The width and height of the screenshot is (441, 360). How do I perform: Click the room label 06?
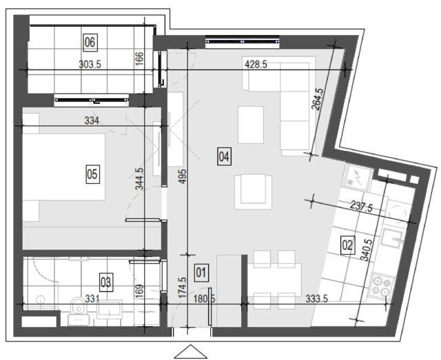(x=90, y=43)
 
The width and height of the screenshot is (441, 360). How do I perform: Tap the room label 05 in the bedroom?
(x=92, y=175)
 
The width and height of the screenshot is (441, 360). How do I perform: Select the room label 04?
(x=224, y=156)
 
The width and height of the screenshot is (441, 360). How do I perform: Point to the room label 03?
(x=106, y=282)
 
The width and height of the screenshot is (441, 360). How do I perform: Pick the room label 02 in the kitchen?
(x=347, y=245)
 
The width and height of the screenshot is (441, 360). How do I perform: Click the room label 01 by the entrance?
(x=201, y=273)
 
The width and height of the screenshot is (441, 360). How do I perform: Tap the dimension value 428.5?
(x=256, y=65)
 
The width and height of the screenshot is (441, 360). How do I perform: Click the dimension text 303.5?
(x=90, y=65)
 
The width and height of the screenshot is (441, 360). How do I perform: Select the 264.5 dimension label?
(x=317, y=99)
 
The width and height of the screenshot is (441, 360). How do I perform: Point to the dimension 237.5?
(x=361, y=207)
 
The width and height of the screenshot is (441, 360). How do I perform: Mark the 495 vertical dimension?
(x=183, y=176)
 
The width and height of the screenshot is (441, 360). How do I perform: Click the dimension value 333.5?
(x=317, y=299)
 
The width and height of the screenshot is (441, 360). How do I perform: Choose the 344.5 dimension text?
(x=140, y=179)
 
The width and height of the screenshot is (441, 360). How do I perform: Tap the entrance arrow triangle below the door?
(x=190, y=352)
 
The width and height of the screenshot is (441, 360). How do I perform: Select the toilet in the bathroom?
(x=79, y=311)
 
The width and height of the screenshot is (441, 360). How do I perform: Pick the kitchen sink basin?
(x=391, y=237)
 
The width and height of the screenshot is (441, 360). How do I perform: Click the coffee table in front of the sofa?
(x=251, y=125)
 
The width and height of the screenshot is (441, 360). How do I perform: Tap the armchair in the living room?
(x=253, y=192)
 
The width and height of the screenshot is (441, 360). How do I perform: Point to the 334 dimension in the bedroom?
(x=92, y=120)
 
